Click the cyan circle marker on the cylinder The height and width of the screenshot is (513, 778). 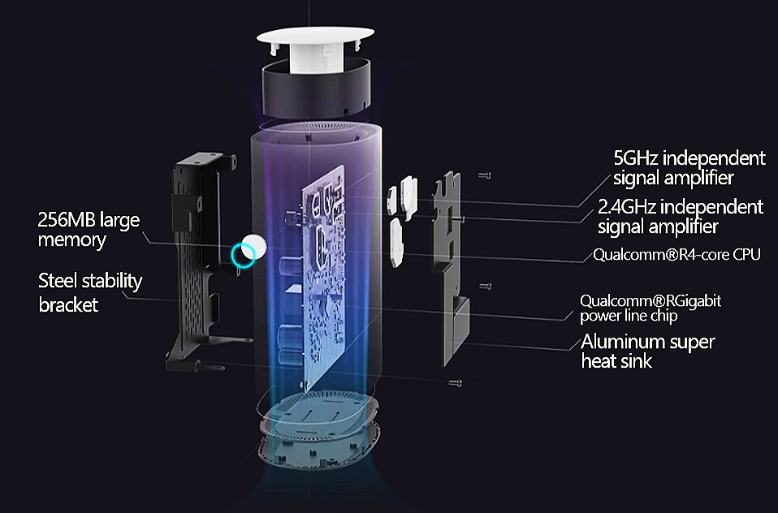point(243,255)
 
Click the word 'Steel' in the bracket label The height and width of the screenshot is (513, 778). point(58,281)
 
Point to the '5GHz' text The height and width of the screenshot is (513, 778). point(636,158)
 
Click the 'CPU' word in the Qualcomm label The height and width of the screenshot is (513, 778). point(747,255)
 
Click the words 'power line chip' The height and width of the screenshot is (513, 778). point(629,316)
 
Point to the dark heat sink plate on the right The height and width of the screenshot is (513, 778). point(450,268)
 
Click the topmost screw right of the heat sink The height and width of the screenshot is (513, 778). point(485,175)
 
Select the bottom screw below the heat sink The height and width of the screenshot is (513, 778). point(455,382)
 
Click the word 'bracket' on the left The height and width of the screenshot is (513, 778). point(68,304)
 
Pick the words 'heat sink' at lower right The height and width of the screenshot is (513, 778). point(616,360)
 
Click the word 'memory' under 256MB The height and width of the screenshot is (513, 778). point(71,240)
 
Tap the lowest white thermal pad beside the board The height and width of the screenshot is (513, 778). point(396,243)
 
